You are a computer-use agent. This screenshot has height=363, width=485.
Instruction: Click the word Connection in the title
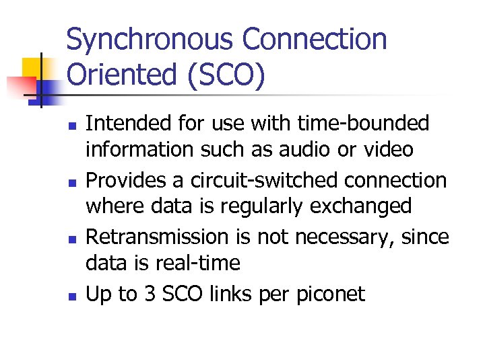tap(315, 40)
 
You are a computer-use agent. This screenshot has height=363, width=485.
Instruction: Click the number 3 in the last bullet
tap(152, 294)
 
